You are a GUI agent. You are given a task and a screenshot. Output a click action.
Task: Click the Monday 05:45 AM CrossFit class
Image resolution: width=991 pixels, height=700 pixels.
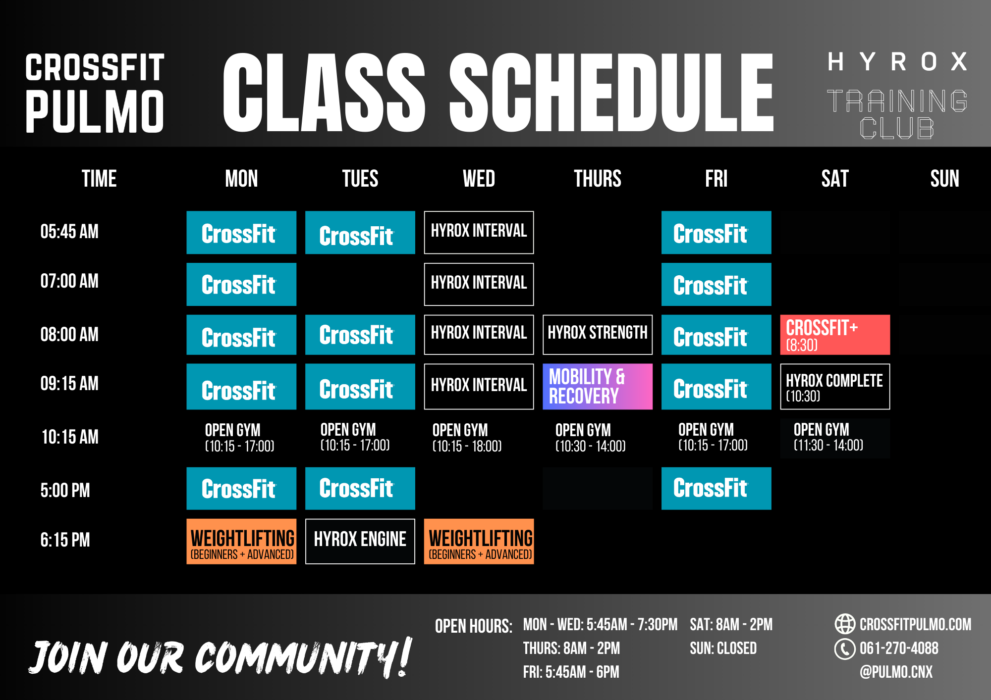coord(241,233)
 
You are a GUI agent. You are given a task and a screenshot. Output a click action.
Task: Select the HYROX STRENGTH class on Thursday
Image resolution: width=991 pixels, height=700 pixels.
coord(598,335)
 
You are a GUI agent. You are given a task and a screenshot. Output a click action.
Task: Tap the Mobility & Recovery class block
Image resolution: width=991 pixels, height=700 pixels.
coord(598,387)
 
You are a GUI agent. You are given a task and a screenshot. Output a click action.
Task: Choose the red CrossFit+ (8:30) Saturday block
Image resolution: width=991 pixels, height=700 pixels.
coord(835,335)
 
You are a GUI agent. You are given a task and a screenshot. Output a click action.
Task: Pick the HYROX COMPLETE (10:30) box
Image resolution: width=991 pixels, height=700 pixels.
coord(835,387)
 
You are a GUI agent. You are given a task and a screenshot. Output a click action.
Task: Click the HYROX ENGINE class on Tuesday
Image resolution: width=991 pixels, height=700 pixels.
coord(360,541)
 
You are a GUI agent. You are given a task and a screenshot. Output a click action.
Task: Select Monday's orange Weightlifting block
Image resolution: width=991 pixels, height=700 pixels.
coord(241,541)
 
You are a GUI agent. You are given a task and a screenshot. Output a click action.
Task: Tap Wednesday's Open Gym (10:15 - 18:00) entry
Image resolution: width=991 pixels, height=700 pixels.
coord(467,438)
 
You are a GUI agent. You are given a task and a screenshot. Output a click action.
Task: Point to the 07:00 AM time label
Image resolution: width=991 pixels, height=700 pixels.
coord(69,281)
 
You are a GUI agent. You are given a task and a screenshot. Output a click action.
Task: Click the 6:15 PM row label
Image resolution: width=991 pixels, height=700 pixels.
coord(65,540)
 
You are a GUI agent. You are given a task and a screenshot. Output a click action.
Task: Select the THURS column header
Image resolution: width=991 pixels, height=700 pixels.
coord(598,179)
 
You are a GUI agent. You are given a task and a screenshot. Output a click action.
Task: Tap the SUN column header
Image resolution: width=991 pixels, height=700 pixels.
coord(944,179)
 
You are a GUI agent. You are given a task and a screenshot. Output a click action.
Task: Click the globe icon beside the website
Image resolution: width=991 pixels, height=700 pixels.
coord(845,624)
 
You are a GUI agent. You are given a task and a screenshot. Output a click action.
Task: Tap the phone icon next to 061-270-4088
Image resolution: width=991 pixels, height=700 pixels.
coord(845,649)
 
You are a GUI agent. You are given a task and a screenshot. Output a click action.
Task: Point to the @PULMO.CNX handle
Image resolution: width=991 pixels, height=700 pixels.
coord(896,672)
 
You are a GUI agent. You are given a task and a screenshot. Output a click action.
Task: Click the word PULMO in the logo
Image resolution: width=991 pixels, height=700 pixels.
coord(95,112)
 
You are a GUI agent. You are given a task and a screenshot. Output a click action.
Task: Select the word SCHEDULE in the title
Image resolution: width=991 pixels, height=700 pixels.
coord(611,93)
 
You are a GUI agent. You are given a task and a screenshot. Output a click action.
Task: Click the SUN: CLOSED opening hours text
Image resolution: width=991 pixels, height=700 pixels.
coord(723,648)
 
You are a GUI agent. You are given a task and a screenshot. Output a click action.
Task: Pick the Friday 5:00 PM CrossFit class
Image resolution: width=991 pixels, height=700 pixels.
coord(716,488)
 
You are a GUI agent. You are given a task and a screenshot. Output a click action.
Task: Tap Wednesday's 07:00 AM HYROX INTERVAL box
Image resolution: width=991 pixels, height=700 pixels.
coord(479,284)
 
